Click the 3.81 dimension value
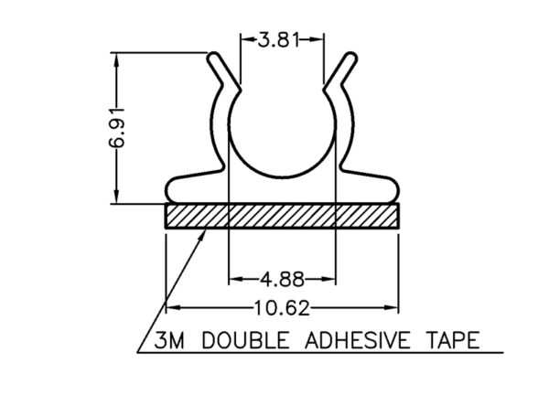click(x=279, y=39)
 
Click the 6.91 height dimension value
click(x=116, y=128)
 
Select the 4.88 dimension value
click(x=282, y=280)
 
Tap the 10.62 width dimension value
click(x=282, y=308)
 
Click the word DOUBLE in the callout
click(x=246, y=340)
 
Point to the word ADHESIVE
click(x=357, y=340)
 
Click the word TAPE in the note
click(x=453, y=340)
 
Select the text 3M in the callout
click(x=169, y=340)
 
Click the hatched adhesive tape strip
click(x=282, y=216)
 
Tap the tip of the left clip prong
click(x=214, y=57)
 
